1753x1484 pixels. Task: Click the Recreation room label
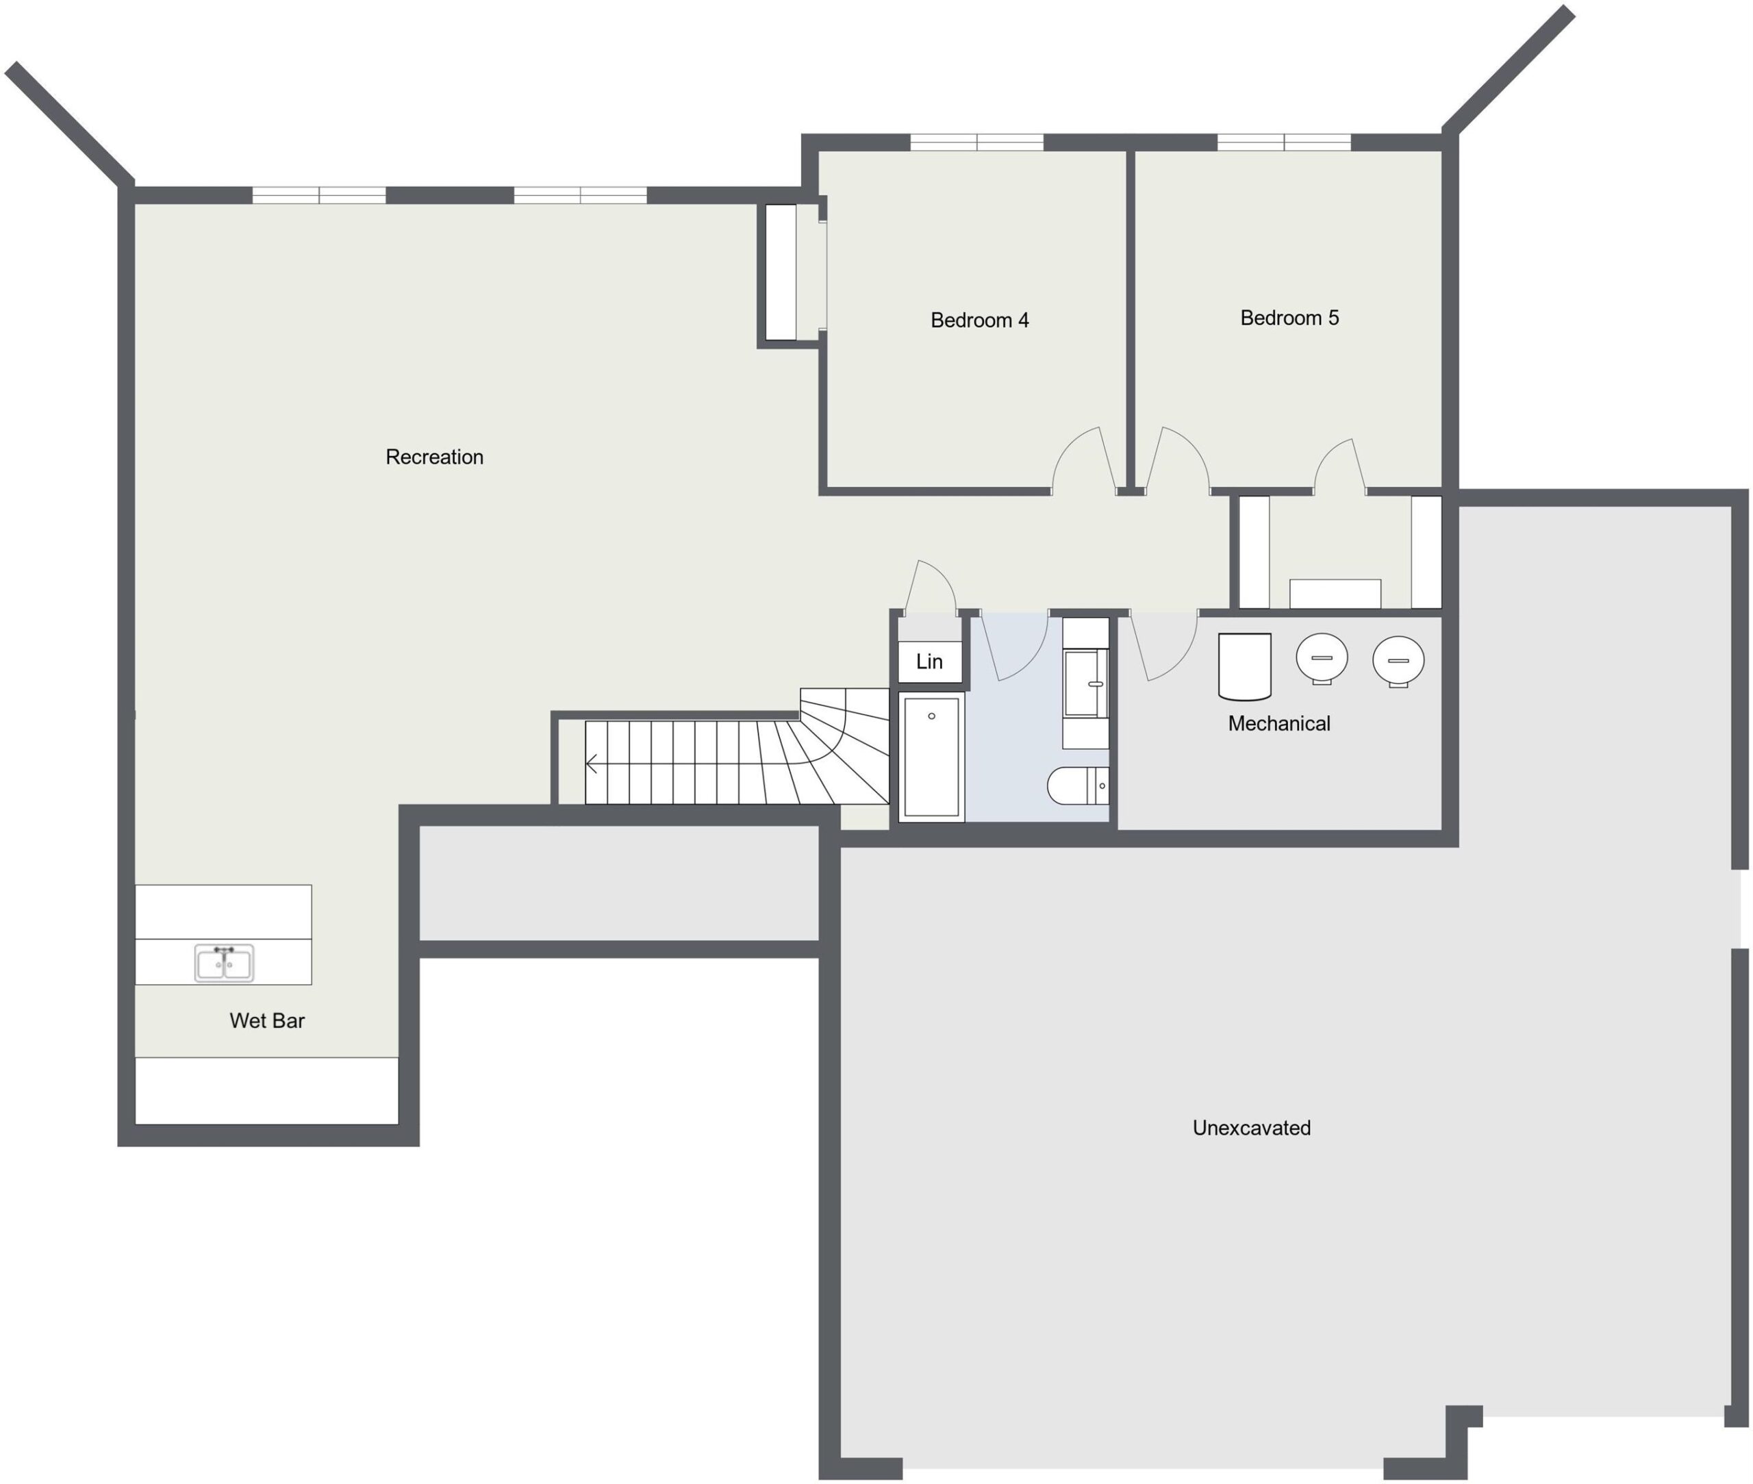(x=434, y=457)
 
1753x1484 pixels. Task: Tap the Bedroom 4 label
(x=979, y=320)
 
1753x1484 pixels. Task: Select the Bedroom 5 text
(x=1289, y=317)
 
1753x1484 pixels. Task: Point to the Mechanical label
(x=1278, y=723)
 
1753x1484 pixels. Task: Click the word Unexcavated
(x=1251, y=1127)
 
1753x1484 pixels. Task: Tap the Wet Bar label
(x=266, y=1020)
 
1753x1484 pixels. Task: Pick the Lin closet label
(x=929, y=662)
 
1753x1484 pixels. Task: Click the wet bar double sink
(x=224, y=962)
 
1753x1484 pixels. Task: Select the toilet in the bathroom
(x=1079, y=785)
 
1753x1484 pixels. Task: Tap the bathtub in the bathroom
(x=931, y=756)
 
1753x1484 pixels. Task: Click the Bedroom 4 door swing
(x=1084, y=460)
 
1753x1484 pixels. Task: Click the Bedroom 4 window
(x=976, y=142)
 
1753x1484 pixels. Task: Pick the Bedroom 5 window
(x=1284, y=142)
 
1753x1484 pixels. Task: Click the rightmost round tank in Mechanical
(x=1398, y=662)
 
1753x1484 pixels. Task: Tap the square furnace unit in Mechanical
(x=1244, y=666)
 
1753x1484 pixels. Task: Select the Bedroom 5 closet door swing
(x=1340, y=466)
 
